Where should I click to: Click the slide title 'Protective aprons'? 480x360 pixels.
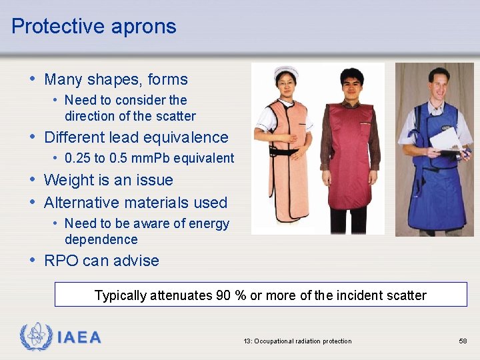(x=94, y=26)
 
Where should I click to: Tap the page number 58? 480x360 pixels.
(x=463, y=341)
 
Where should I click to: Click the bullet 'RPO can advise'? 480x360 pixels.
(x=101, y=261)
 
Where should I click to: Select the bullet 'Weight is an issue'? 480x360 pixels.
(x=108, y=180)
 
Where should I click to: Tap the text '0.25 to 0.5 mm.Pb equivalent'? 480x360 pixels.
(x=149, y=159)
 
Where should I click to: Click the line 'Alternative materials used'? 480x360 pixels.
(x=135, y=203)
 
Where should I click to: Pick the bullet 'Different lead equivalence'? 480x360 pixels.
(x=136, y=137)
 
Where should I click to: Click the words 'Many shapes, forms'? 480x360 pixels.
(x=116, y=79)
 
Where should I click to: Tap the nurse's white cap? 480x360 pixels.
(x=286, y=71)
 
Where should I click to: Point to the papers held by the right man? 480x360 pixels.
(x=445, y=140)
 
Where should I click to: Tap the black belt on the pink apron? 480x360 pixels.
(x=285, y=151)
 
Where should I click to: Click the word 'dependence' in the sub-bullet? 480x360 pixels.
(x=101, y=239)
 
